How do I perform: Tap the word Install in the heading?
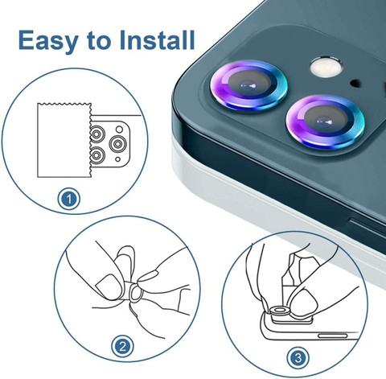coord(157,39)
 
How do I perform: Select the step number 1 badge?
coord(69,199)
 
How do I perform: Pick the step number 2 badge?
coord(122,347)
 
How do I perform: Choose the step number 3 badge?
coord(298,358)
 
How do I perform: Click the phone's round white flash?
coord(326,67)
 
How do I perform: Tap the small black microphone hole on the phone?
coord(355,84)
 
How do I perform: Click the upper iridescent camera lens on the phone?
coord(248,84)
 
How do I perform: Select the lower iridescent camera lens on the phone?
coord(325,122)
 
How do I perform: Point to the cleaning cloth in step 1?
coord(64,140)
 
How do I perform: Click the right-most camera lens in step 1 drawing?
coord(117,144)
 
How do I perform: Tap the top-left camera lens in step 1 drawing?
coord(97,134)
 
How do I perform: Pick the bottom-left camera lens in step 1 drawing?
coord(97,154)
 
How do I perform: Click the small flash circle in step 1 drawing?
coord(119,130)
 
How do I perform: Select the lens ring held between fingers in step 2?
coord(136,293)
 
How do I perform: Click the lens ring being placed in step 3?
coord(280,311)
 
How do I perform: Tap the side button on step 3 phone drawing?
coord(332,336)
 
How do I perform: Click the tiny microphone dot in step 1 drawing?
coord(117,159)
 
